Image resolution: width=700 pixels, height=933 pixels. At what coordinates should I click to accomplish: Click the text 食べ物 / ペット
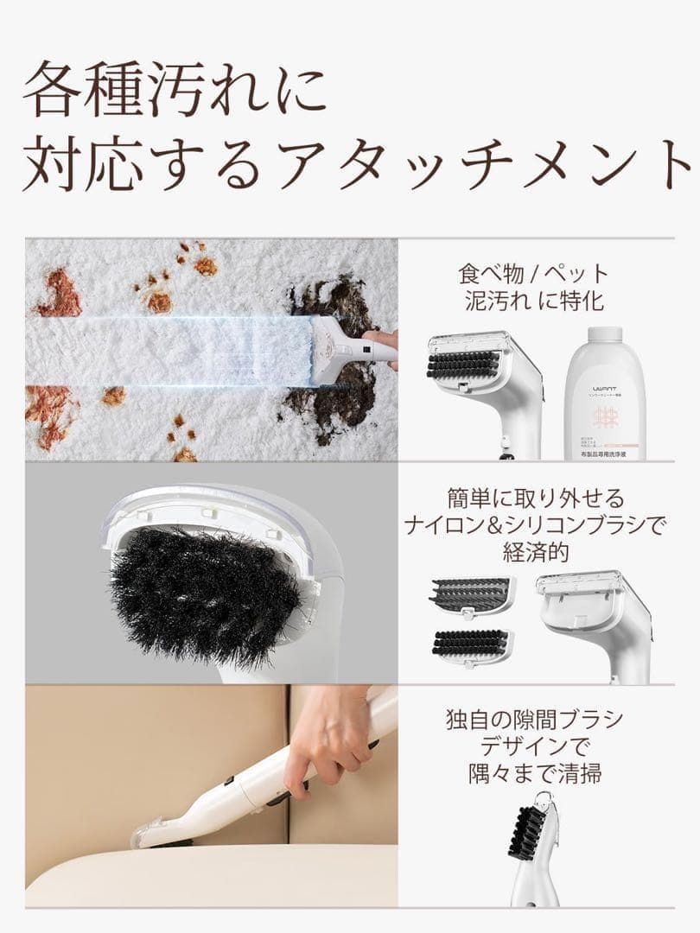click(533, 275)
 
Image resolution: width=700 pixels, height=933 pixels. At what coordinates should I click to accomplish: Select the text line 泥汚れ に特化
click(533, 302)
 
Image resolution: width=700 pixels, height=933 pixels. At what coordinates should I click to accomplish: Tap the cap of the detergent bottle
click(604, 334)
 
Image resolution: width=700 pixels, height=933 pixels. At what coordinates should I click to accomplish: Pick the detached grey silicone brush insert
click(471, 595)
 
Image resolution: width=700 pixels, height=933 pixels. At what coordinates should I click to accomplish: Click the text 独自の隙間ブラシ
click(534, 720)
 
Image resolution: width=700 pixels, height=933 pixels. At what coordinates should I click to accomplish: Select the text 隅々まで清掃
click(534, 773)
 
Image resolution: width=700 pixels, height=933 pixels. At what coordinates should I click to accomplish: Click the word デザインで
click(534, 746)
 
